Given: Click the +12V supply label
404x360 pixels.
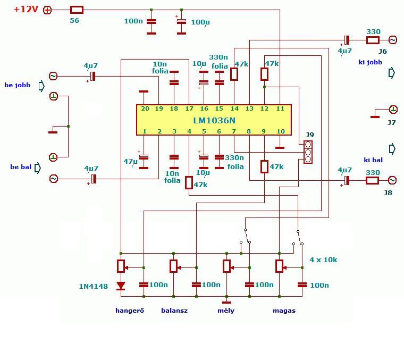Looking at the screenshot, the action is pos(26,9).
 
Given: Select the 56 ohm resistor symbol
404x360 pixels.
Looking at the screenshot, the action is pos(77,10).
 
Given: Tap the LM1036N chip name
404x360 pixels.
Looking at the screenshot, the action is pos(214,120).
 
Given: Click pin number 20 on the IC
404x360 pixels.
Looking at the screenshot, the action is pos(145,109).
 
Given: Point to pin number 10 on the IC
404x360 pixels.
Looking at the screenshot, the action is pos(280,131).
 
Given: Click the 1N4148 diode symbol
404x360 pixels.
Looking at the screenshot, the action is pos(121,286).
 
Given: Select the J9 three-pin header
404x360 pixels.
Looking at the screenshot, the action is pos(308,152).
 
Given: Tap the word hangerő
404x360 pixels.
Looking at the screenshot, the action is pos(130,311).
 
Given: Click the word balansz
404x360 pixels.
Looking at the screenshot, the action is pos(174,311).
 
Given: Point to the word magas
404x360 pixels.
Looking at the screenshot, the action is pos(284,311).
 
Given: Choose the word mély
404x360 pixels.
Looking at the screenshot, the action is pos(226,311).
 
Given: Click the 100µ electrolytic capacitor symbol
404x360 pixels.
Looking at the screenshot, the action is pos(181,22).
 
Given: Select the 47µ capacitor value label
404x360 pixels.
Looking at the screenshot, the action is pos(131,162).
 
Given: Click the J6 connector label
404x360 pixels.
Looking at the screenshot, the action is pos(383,51).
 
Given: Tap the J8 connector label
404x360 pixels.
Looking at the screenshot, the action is pos(388,192).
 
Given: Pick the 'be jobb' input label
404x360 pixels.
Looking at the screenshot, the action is pos(17,85).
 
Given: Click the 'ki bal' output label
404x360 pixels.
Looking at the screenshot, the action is pos(373,160).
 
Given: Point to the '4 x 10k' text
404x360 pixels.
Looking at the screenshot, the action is pos(323,259).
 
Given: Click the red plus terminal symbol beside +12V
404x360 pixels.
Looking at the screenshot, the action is pos(47,10).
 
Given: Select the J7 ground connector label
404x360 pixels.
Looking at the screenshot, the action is pos(392,122).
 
